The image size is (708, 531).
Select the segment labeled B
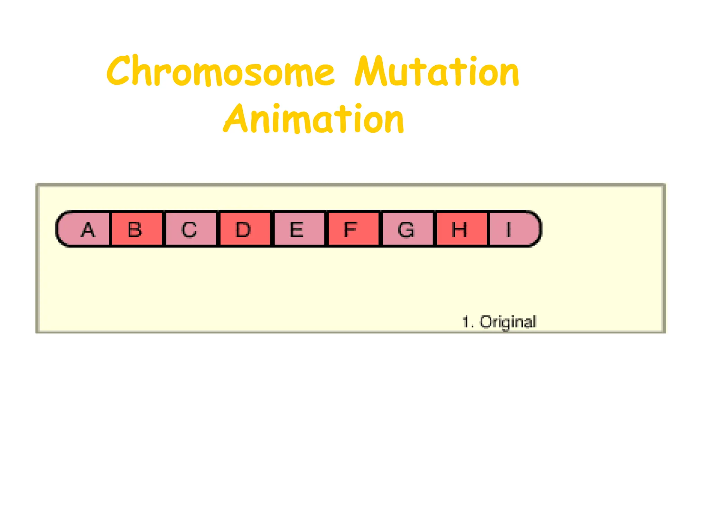[136, 229]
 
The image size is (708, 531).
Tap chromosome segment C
[190, 229]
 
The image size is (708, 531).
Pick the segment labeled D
[244, 229]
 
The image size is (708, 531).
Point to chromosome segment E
[298, 229]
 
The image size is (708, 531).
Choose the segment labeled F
[352, 229]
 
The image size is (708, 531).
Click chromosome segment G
[407, 229]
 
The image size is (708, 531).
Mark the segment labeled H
[460, 229]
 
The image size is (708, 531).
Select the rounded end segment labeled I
[512, 229]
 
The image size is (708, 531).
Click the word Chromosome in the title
[221, 72]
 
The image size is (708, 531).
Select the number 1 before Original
[466, 322]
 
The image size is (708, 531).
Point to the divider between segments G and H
[435, 229]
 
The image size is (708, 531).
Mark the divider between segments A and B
[110, 229]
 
